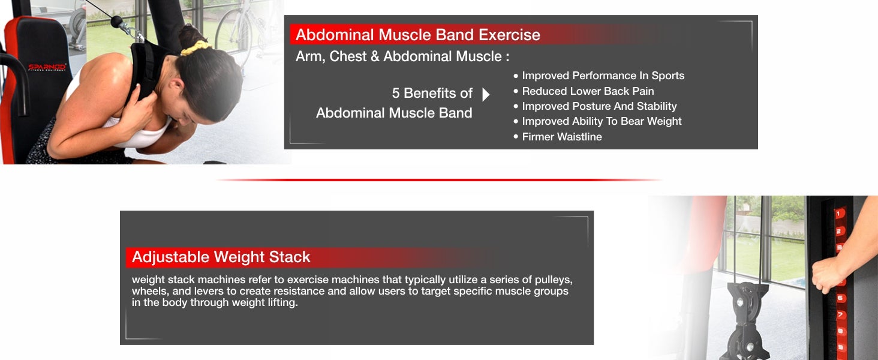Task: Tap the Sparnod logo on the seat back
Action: pyautogui.click(x=47, y=67)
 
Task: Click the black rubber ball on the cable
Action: pyautogui.click(x=116, y=22)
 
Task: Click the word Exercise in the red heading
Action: pyautogui.click(x=509, y=35)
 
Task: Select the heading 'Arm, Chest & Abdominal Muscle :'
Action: pyautogui.click(x=402, y=56)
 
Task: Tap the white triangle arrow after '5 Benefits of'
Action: pyautogui.click(x=486, y=95)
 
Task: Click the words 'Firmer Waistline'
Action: pyautogui.click(x=562, y=137)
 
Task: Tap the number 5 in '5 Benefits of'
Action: pyautogui.click(x=395, y=94)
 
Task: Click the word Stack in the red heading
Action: pyautogui.click(x=290, y=257)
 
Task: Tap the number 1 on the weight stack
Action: pyautogui.click(x=838, y=214)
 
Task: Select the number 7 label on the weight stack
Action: pyautogui.click(x=840, y=315)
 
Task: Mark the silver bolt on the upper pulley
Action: pyautogui.click(x=739, y=302)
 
